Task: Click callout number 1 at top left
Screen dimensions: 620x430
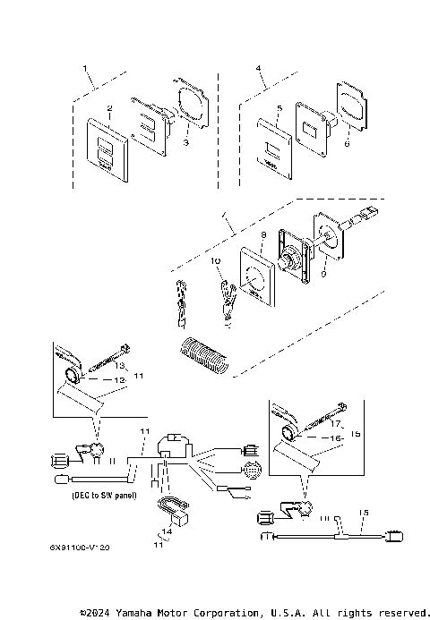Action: pos(86,68)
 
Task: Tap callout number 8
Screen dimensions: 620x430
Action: pos(263,235)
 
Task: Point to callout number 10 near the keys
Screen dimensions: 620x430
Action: pos(215,260)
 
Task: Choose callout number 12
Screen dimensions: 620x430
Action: pos(118,380)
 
